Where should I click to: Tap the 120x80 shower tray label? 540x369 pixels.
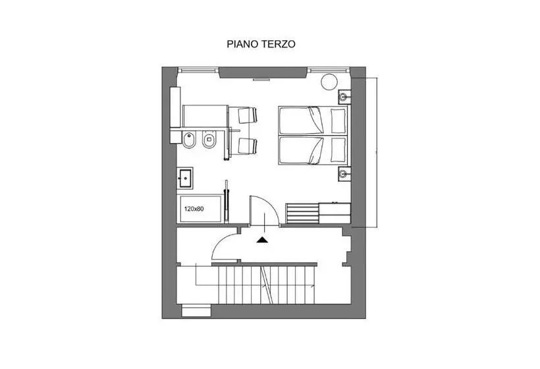click(194, 208)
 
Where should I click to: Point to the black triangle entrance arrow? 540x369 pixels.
click(263, 240)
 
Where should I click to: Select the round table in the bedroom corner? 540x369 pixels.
click(329, 82)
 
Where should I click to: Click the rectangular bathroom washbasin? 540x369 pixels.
click(185, 178)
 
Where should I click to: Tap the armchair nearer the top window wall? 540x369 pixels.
click(247, 115)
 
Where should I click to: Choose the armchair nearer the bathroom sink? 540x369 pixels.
click(247, 146)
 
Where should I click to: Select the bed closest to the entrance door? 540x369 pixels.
click(312, 150)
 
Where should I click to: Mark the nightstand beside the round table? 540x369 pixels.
click(344, 97)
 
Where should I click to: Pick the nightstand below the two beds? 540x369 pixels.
click(344, 174)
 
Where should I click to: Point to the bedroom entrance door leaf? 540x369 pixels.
click(250, 210)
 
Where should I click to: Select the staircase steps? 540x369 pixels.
click(267, 285)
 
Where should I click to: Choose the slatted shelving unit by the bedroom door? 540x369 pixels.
click(302, 213)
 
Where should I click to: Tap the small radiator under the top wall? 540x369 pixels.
click(261, 80)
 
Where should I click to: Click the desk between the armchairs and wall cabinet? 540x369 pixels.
click(205, 117)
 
